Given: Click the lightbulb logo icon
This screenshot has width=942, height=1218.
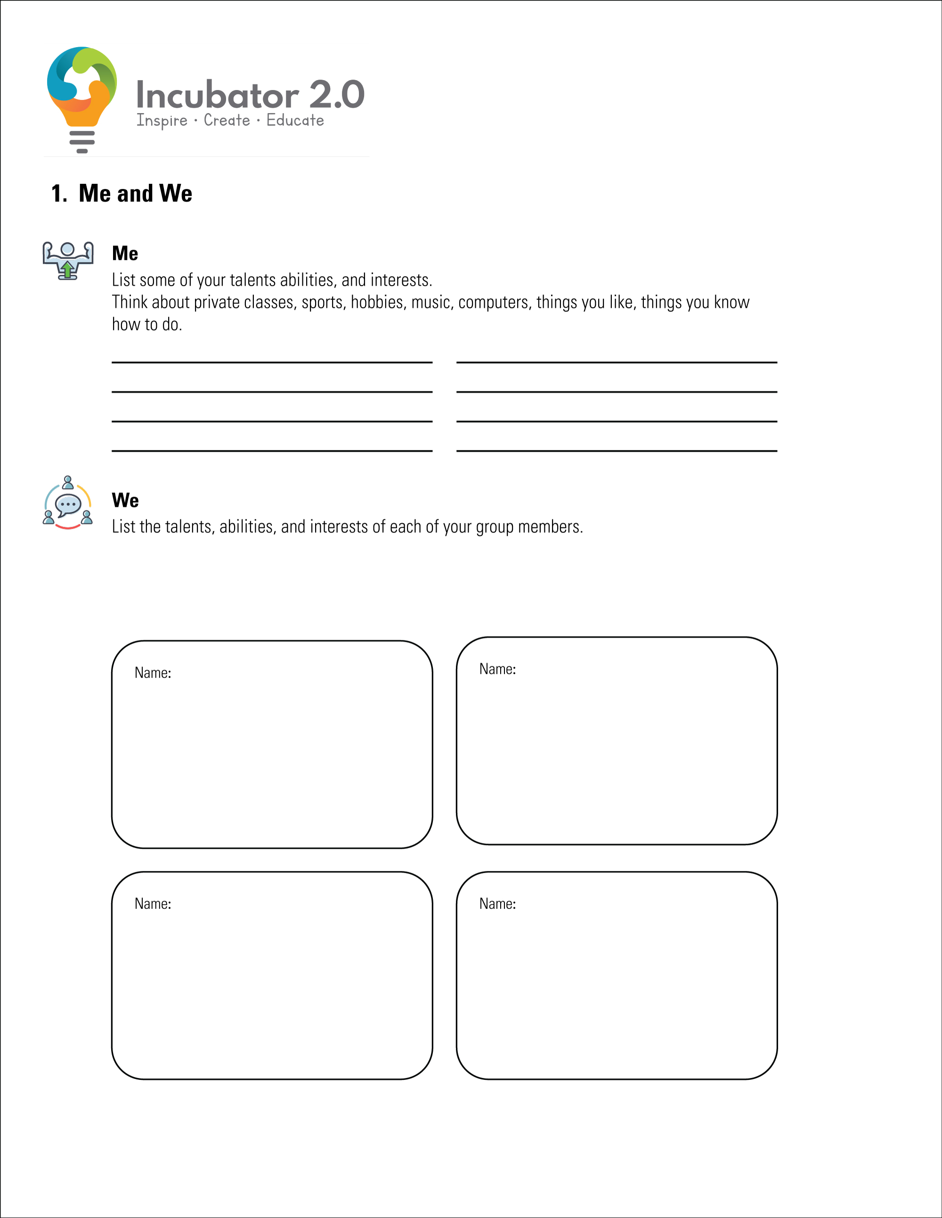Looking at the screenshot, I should tap(82, 95).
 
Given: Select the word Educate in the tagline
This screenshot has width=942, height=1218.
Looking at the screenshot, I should tap(295, 121).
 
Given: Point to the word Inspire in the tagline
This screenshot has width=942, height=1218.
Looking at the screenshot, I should tap(162, 121).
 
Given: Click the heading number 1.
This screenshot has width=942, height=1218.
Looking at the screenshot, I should tap(58, 194).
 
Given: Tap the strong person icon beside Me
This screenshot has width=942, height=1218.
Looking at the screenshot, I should tap(68, 261).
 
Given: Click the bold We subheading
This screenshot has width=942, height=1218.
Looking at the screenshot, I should tap(125, 500).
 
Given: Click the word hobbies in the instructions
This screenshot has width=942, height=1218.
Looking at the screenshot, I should tap(377, 302).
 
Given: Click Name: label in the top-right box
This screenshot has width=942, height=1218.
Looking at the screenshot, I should tap(498, 669).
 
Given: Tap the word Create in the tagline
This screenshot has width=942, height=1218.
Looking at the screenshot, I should tap(227, 121).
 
